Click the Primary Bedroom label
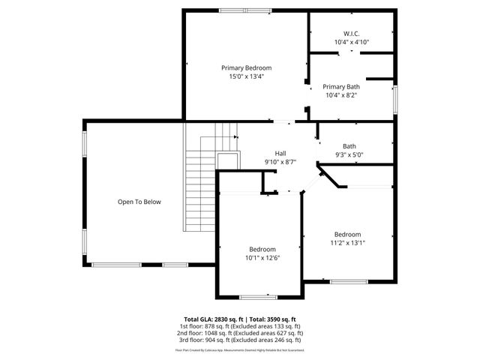point(246,67)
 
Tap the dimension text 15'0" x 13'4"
point(246,76)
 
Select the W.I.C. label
point(352,34)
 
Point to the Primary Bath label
point(341,86)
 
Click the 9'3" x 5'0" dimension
point(349,155)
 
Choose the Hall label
point(280,153)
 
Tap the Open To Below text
point(139,202)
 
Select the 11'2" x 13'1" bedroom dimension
point(347,242)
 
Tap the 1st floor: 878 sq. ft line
point(239,326)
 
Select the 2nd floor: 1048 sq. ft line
point(239,333)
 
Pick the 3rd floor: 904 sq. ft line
point(239,340)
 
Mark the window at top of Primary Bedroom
point(245,10)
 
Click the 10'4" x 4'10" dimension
point(352,42)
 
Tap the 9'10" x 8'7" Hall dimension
point(280,161)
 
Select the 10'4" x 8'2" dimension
point(341,95)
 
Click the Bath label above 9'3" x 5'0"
point(349,146)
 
